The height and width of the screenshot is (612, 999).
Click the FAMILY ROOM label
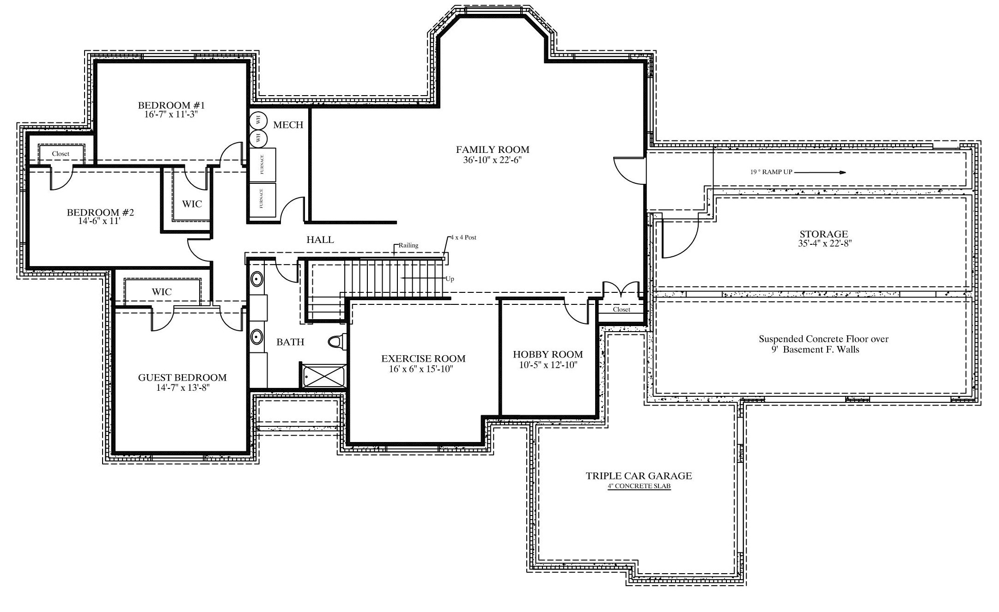493,150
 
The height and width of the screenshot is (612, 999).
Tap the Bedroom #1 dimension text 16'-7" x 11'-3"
171,114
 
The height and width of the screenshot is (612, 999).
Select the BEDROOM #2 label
100,212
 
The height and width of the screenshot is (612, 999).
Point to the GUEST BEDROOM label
183,377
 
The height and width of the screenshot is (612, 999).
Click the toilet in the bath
336,341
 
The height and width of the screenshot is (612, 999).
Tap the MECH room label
288,125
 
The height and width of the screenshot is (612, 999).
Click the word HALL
320,240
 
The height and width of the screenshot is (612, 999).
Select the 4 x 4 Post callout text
463,237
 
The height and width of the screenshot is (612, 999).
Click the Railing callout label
408,245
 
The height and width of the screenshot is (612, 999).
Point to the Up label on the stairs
450,279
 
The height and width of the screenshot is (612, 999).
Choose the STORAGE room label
824,234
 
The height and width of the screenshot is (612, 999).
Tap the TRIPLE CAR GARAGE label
639,476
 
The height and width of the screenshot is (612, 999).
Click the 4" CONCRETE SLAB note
639,486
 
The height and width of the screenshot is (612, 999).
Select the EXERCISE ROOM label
423,358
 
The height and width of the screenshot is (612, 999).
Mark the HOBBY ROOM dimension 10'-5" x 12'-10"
548,365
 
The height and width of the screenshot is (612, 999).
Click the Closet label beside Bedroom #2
61,154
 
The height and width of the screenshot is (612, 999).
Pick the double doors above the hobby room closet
621,290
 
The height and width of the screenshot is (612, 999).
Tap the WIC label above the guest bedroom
162,292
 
